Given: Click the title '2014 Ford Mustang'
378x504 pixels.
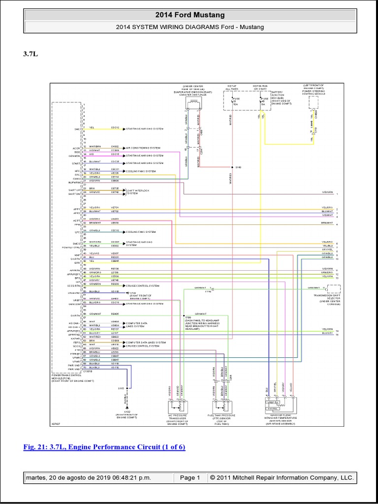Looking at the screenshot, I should point(189,15).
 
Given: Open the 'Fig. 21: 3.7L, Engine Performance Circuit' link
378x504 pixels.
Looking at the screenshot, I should point(104,447).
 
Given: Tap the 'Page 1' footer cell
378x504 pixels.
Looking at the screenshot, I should point(189,478).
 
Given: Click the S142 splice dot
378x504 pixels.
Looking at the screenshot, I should point(232,167).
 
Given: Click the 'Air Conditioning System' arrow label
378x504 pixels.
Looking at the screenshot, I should point(143,148).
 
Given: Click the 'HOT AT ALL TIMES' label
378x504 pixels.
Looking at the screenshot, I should point(232,89).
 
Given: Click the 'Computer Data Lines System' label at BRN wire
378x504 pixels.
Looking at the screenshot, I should point(146,342).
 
